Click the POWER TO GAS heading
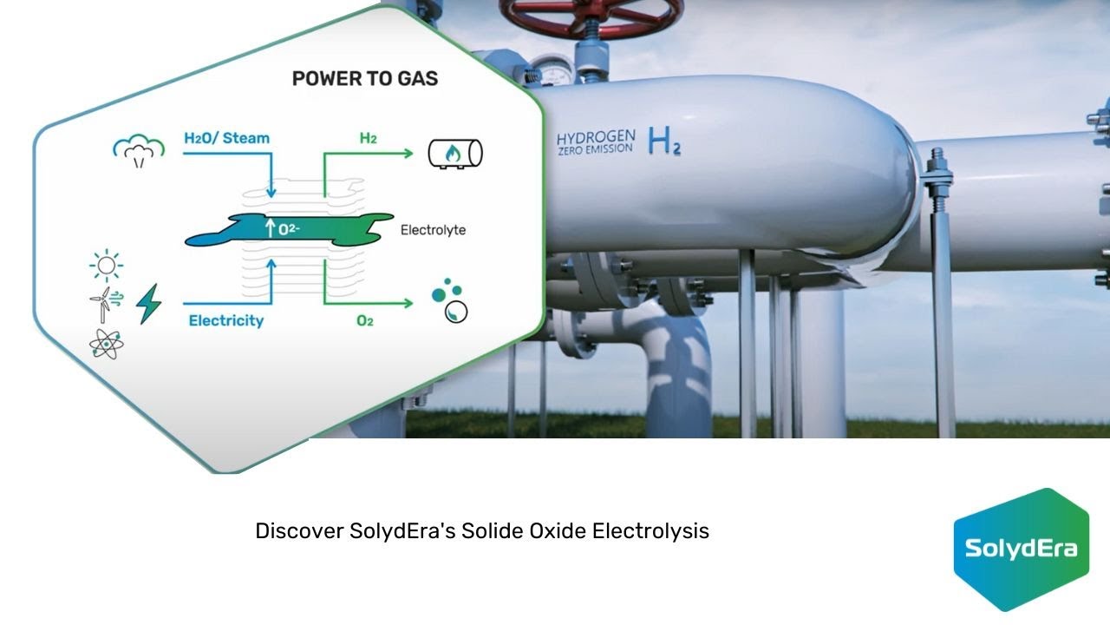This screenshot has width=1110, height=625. point(364,78)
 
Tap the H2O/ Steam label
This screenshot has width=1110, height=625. point(226,138)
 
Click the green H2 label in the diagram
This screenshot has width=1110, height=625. point(368,138)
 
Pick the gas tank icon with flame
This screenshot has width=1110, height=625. point(455,154)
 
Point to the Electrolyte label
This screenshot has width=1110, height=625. point(433,231)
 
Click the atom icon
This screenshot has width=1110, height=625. point(105,345)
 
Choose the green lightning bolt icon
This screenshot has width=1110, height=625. point(149,304)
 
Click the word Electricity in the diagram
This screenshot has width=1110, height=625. point(225,321)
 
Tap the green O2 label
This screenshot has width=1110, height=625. point(365,321)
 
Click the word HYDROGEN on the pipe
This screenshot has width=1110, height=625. point(596,138)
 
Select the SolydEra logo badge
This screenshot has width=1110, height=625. point(1021,549)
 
